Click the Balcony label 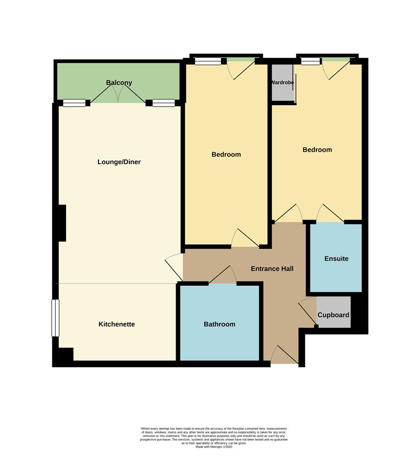pos(119,82)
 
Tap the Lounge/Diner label pos(119,162)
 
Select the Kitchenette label pos(117,324)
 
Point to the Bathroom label pos(219,324)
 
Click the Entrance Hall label pos(272,269)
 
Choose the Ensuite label pos(336,259)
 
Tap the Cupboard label pos(333,315)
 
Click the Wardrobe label pos(282,82)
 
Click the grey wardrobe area pos(283,82)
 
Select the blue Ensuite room pos(336,257)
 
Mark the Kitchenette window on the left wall pos(55,318)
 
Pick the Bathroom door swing pos(223,274)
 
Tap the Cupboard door pos(308,311)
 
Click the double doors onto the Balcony pos(118,93)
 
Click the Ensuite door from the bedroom pos(330,213)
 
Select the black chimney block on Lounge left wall pos(62,223)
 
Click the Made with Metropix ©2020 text pos(214,447)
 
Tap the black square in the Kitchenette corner pos(66,355)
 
